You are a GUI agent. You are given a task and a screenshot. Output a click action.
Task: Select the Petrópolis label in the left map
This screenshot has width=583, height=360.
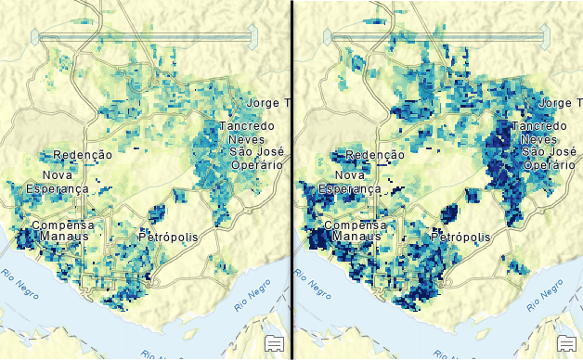click(x=168, y=237)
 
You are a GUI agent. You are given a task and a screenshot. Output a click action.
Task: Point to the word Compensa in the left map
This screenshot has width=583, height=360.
click(x=62, y=225)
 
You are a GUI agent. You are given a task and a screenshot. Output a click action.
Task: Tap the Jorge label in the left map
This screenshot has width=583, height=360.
click(x=260, y=102)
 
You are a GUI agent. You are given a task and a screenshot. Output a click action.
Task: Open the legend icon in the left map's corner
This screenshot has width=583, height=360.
click(x=274, y=343)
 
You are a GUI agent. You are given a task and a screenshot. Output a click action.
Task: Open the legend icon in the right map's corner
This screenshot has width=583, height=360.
click(x=565, y=343)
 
